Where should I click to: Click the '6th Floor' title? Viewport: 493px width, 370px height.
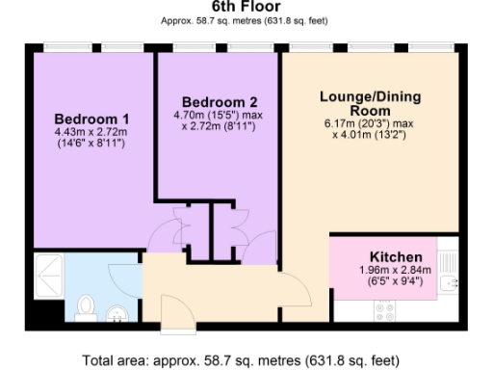[x=246, y=7]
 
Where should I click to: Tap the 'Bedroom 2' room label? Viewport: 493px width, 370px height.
[x=220, y=102]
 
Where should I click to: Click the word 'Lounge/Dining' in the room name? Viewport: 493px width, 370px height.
[x=370, y=97]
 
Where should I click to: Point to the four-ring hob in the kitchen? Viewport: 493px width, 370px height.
[x=385, y=310]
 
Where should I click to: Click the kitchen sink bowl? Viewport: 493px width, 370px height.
[x=450, y=285]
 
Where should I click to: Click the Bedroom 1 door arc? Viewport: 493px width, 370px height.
[x=166, y=231]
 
